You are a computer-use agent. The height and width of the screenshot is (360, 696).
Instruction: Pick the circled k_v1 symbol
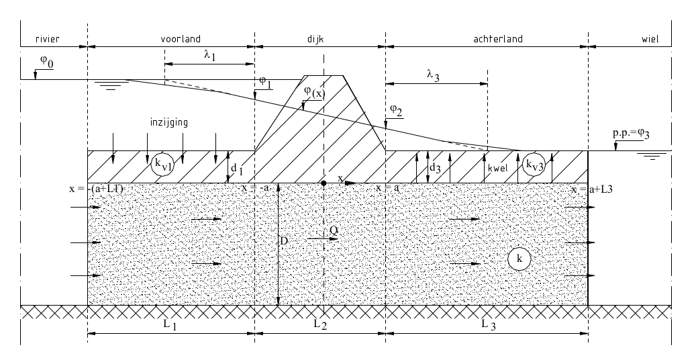161,165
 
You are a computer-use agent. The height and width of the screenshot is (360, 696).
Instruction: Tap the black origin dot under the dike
324,183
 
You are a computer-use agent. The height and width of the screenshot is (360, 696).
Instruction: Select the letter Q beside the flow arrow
334,230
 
